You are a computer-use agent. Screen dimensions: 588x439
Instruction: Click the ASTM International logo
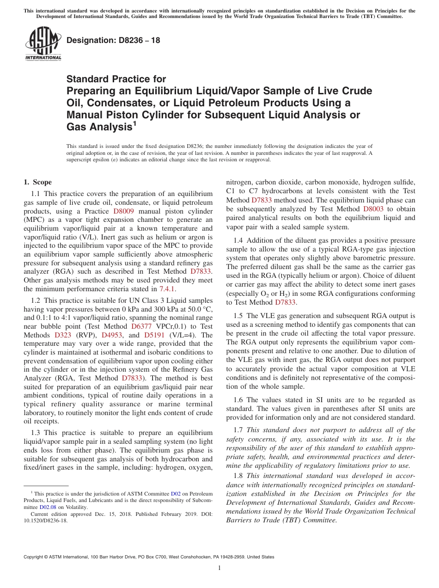43,43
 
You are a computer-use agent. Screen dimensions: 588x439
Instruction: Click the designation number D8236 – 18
113,40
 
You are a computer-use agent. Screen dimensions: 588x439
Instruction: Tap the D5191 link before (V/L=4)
154,335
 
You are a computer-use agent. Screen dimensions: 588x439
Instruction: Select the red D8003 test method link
373,209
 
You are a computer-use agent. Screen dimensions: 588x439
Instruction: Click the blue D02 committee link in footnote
175,494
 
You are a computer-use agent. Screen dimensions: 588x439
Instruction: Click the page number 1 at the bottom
219,568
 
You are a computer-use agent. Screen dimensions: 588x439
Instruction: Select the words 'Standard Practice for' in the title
116,79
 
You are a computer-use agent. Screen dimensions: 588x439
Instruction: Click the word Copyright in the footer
36,557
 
